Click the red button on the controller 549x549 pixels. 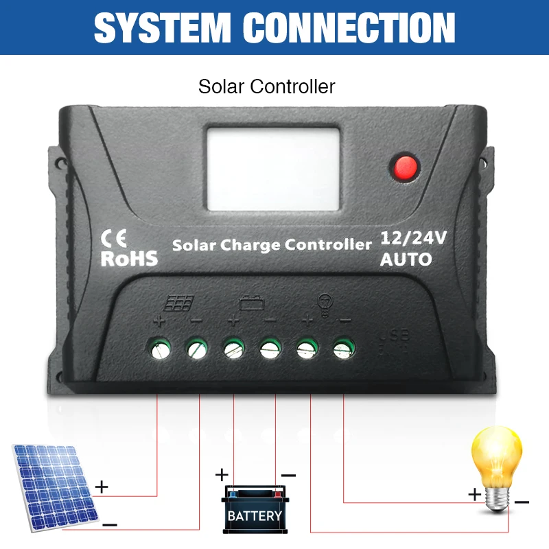pos(405,167)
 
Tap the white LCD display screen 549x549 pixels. pos(273,169)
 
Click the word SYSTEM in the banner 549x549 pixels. pos(163,27)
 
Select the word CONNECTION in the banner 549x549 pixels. pos(349,27)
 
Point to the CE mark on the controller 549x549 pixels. pos(113,238)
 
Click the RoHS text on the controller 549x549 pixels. pos(129,259)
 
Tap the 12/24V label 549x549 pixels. pos(413,238)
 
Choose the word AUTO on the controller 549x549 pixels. pos(406,259)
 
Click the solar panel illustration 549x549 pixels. pos(55,488)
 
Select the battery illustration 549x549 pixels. pos(255,509)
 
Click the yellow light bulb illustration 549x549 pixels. pos(496,470)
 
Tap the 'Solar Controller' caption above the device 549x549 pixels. pos(266,86)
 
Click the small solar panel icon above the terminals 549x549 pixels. pos(179,303)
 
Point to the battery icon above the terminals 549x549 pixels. pos(251,303)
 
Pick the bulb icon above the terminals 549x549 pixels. pos(325,305)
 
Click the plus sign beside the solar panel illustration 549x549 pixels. pos(102,487)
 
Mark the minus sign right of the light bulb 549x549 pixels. pos(522,502)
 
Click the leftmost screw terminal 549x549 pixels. pos(161,349)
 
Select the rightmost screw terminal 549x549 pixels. pos(344,349)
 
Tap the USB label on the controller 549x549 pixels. pos(394,336)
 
